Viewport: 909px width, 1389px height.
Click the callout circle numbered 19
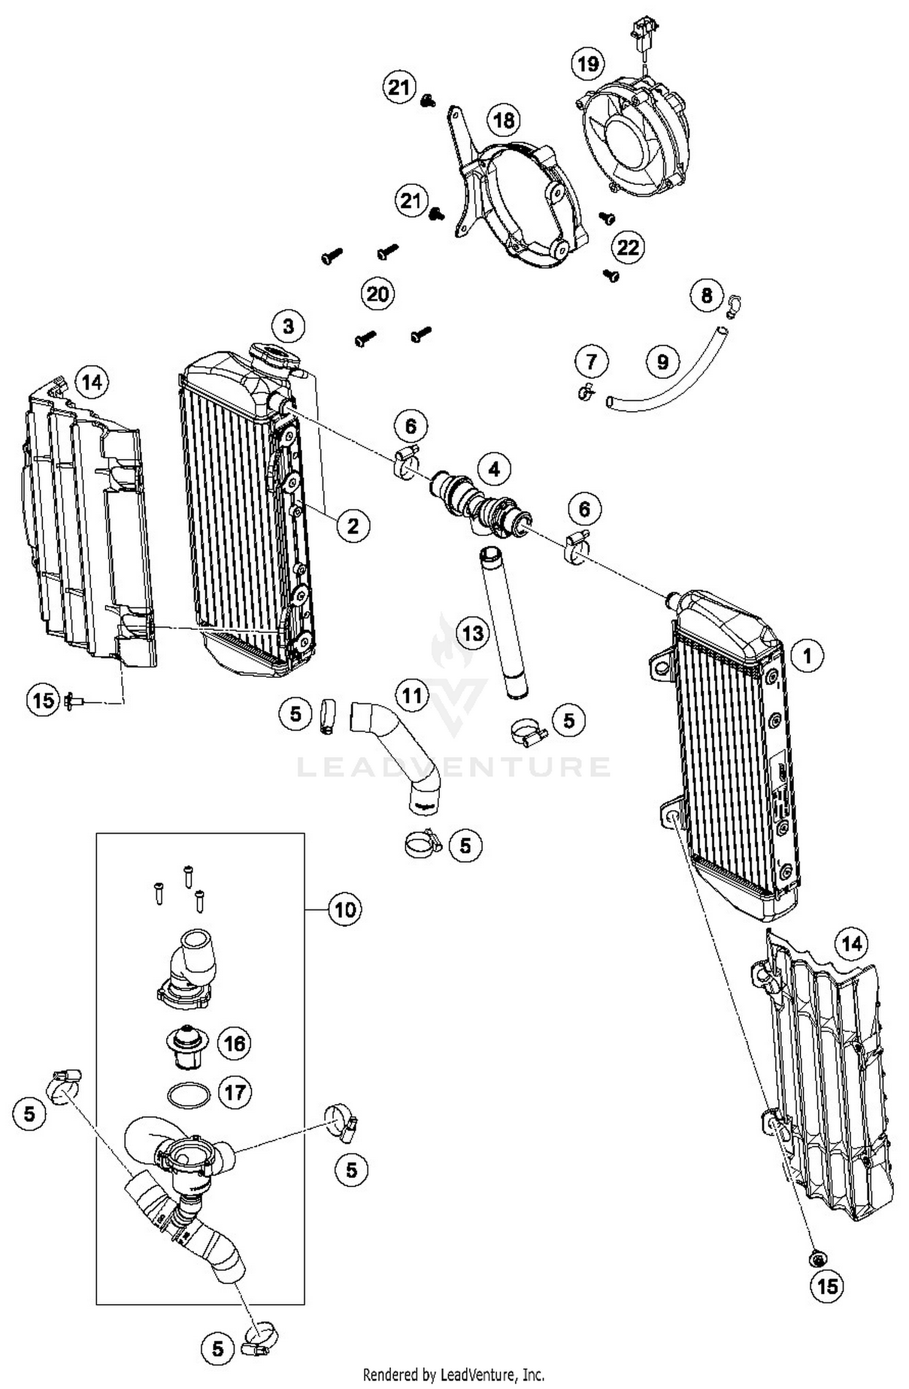tap(588, 64)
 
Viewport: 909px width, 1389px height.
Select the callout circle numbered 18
tap(504, 121)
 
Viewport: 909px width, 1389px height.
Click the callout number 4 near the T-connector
tap(494, 469)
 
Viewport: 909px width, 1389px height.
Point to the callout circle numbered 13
tap(473, 634)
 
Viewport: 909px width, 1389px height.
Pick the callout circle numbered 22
tap(628, 247)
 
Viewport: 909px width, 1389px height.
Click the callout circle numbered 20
tap(378, 295)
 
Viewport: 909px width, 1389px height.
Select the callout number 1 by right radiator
tap(807, 655)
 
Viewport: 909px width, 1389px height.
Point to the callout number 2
tap(353, 526)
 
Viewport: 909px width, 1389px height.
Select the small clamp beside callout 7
tap(586, 393)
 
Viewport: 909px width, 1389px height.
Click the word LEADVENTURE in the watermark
tap(453, 766)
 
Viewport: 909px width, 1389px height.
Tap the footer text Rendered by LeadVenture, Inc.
tap(453, 1374)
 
